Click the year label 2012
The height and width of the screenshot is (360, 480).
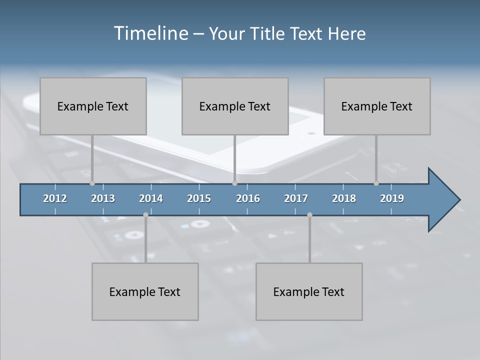pyautogui.click(x=55, y=198)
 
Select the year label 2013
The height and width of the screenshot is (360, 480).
pyautogui.click(x=103, y=198)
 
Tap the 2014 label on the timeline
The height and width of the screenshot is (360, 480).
pyautogui.click(x=151, y=198)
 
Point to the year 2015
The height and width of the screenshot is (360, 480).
pyautogui.click(x=199, y=198)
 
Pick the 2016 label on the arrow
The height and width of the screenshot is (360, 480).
pyautogui.click(x=248, y=198)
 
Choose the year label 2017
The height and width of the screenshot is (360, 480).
pyautogui.click(x=296, y=198)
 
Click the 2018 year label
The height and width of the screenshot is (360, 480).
pyautogui.click(x=344, y=198)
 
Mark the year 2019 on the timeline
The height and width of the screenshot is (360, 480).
pyautogui.click(x=392, y=198)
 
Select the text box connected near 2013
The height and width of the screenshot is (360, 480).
pyautogui.click(x=93, y=106)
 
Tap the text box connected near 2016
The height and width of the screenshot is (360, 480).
pyautogui.click(x=235, y=106)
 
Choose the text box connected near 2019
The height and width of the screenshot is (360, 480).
pyautogui.click(x=377, y=106)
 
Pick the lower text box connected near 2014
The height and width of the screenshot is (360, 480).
pyautogui.click(x=145, y=291)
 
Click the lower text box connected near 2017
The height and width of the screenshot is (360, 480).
pyautogui.click(x=309, y=291)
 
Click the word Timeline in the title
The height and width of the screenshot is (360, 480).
pyautogui.click(x=151, y=33)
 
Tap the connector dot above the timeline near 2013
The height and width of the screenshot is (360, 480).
pyautogui.click(x=92, y=183)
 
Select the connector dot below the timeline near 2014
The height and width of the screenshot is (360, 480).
pyautogui.click(x=145, y=215)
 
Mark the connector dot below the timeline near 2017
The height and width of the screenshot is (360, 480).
pyautogui.click(x=309, y=215)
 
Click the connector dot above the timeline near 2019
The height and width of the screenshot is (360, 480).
pyautogui.click(x=376, y=183)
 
